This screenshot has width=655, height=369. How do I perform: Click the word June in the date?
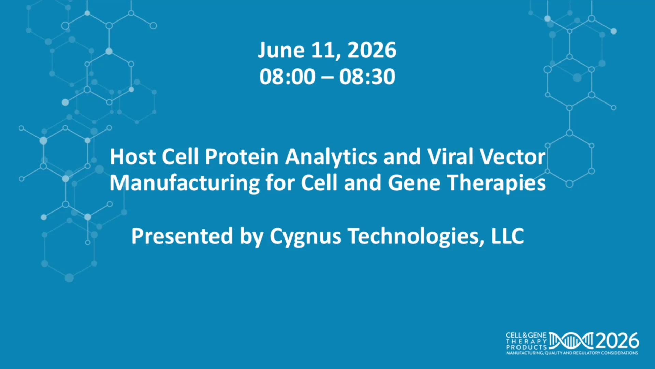281,51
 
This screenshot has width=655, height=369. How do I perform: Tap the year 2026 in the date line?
372,50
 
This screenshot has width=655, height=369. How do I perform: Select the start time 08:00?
287,77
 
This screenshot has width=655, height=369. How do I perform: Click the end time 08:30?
367,77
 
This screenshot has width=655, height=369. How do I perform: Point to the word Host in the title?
132,157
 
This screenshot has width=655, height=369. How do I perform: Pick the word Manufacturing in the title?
185,183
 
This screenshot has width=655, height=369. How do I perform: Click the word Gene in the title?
414,183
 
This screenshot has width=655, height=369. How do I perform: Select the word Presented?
182,236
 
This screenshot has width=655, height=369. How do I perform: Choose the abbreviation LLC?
507,236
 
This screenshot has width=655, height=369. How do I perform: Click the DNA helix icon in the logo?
571,341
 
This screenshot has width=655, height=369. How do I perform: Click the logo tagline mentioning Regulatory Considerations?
572,353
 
